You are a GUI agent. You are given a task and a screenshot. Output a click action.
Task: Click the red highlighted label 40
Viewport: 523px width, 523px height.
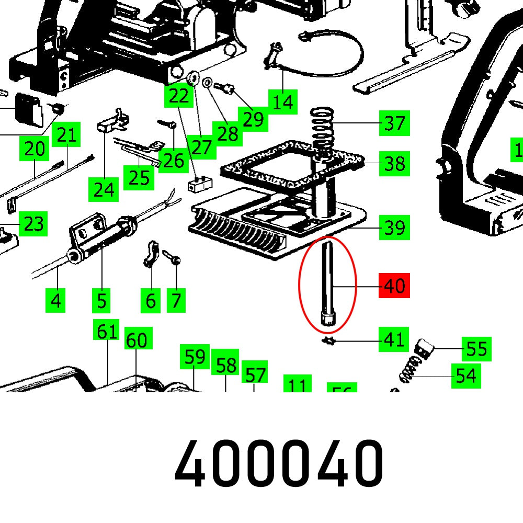[394, 286]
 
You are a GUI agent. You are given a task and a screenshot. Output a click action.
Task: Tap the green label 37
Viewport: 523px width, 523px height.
[394, 123]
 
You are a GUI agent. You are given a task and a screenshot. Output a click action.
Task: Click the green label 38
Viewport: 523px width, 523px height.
[394, 164]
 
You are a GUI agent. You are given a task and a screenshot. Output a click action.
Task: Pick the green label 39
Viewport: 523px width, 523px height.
[394, 228]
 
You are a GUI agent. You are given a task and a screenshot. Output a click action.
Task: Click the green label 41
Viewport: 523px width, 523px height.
[394, 340]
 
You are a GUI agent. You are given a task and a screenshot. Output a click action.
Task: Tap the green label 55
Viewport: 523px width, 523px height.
[476, 349]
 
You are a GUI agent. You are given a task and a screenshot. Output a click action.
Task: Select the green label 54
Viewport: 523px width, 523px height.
[466, 375]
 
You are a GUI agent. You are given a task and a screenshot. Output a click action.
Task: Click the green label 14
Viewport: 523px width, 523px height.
[282, 101]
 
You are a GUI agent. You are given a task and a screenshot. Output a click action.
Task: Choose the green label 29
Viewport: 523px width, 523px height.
[253, 119]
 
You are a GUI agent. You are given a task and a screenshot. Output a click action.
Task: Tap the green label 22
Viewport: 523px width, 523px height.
[178, 96]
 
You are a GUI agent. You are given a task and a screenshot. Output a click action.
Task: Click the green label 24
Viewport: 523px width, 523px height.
[104, 189]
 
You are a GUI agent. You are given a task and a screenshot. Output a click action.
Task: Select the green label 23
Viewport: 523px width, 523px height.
[33, 224]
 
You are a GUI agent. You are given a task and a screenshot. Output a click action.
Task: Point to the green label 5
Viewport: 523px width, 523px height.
[101, 301]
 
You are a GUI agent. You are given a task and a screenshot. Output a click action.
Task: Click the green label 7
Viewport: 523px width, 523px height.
[176, 301]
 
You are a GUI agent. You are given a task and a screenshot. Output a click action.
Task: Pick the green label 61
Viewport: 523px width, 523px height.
[107, 331]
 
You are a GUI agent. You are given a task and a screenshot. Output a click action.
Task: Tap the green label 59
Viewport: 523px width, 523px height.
[195, 357]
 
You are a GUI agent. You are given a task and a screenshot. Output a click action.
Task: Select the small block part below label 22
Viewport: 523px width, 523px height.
[199, 183]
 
